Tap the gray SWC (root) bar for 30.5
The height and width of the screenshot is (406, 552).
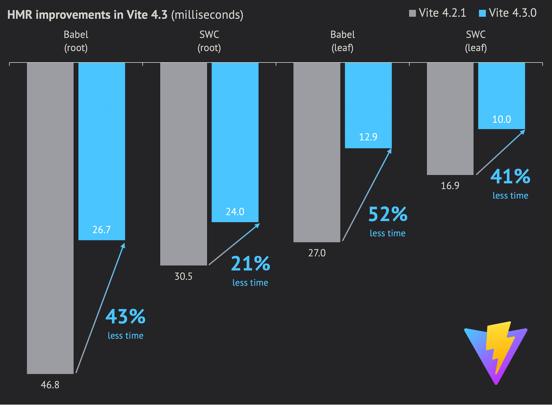(x=184, y=164)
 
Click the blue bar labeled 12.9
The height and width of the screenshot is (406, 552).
(x=368, y=105)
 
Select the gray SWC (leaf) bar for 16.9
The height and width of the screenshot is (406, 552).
(x=450, y=119)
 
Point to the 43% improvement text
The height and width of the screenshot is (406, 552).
(x=126, y=316)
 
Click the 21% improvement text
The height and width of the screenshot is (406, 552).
(x=250, y=264)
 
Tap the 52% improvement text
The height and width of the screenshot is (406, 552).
(x=388, y=214)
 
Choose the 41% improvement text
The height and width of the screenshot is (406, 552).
(x=510, y=176)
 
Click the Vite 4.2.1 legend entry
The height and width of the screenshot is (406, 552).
(x=437, y=13)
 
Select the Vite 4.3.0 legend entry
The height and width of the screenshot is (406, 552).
(x=508, y=13)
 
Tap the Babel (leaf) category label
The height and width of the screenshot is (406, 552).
(x=343, y=41)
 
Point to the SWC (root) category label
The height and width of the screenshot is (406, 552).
(x=209, y=41)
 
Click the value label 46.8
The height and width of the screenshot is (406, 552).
(x=50, y=385)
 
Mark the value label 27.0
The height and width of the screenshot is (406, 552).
(x=317, y=253)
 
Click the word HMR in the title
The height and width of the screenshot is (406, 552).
(x=20, y=15)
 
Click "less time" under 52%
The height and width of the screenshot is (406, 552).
(x=387, y=233)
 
